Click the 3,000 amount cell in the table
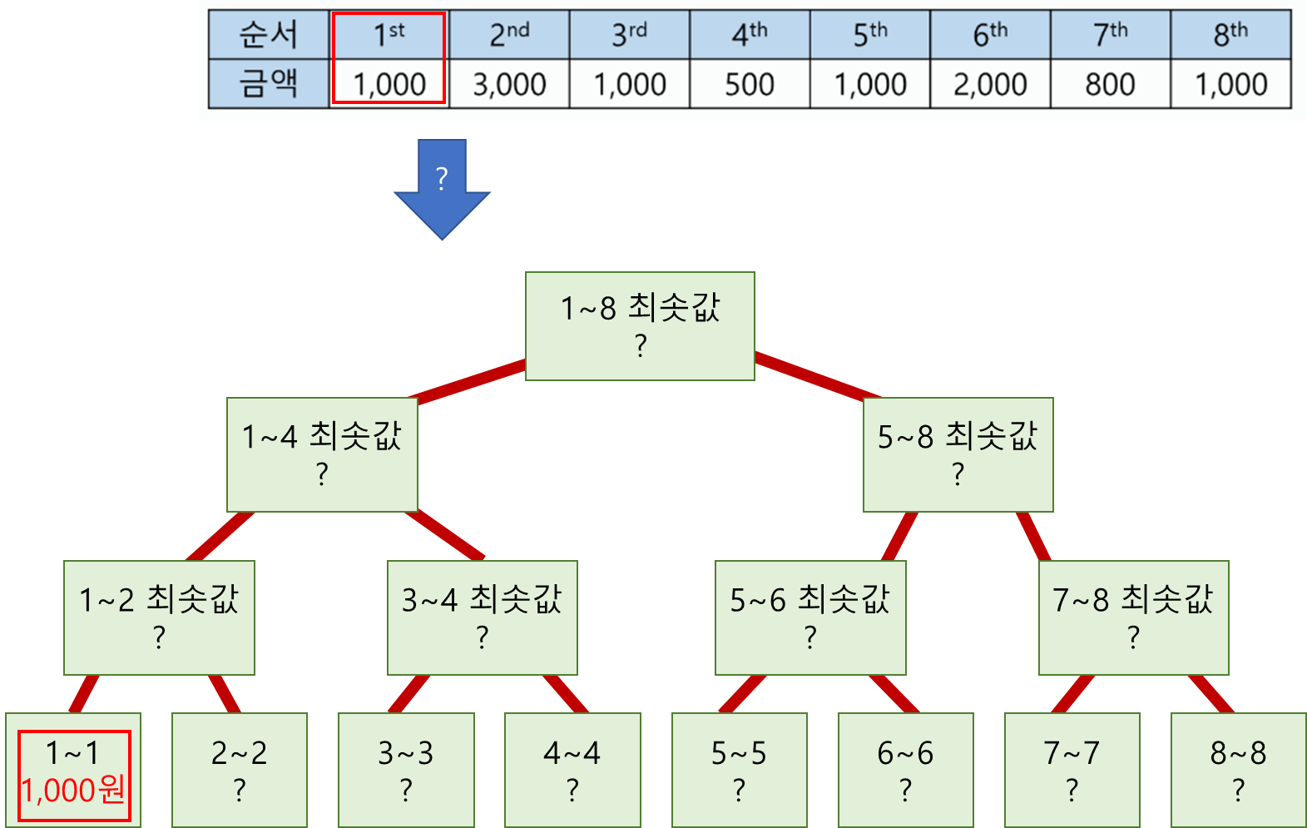pyautogui.click(x=509, y=84)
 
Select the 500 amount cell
pyautogui.click(x=749, y=84)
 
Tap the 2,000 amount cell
pyautogui.click(x=990, y=84)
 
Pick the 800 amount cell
pyautogui.click(x=1110, y=84)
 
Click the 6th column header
pyautogui.click(x=990, y=35)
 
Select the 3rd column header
pyautogui.click(x=629, y=35)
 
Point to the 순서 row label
pyautogui.click(x=268, y=35)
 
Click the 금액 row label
pyautogui.click(x=268, y=84)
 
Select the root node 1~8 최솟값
pyautogui.click(x=640, y=325)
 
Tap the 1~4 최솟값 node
pyautogui.click(x=322, y=454)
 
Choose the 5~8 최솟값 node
pyautogui.click(x=958, y=454)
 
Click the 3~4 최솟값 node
pyautogui.click(x=482, y=617)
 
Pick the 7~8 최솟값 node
pyautogui.click(x=1133, y=617)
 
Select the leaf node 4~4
pyautogui.click(x=572, y=770)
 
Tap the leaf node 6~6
pyautogui.click(x=905, y=770)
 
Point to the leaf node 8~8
pyautogui.click(x=1238, y=770)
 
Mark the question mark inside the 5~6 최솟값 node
pyautogui.click(x=810, y=637)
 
